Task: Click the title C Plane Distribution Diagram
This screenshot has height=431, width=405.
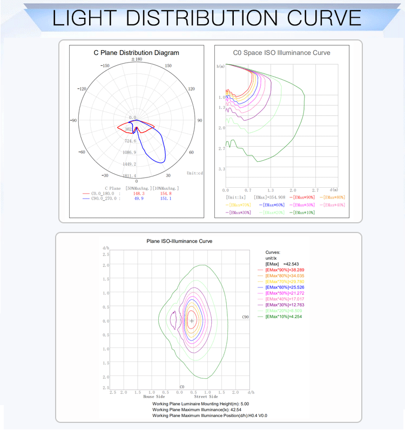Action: (x=136, y=53)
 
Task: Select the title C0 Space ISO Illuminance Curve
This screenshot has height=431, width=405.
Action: (x=281, y=53)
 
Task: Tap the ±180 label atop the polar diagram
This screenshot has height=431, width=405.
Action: (x=136, y=59)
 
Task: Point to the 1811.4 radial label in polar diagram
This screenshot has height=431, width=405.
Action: (x=130, y=176)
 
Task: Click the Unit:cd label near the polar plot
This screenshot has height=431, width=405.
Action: (x=194, y=173)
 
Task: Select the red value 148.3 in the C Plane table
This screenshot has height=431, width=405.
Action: (x=139, y=193)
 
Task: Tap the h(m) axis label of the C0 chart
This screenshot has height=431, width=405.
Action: (x=220, y=66)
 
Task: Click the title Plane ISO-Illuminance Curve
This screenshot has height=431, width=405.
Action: (x=179, y=241)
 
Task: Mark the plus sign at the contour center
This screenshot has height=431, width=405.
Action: (x=192, y=321)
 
